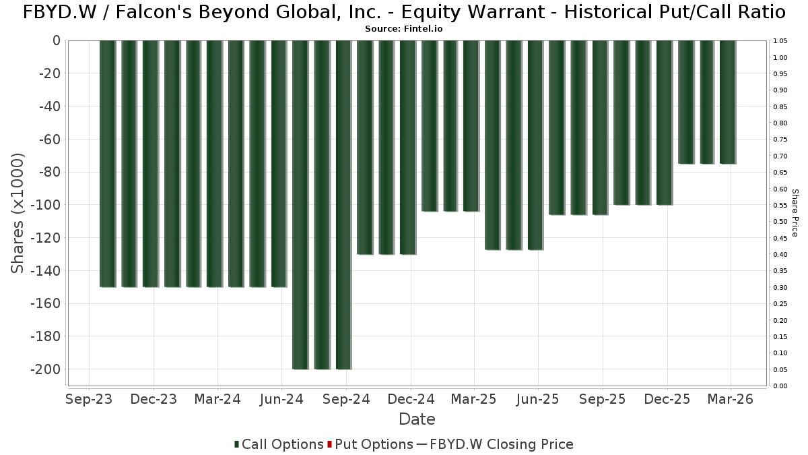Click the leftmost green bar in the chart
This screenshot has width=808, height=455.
click(108, 164)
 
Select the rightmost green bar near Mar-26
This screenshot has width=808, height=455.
click(728, 102)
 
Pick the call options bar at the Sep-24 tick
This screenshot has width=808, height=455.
click(343, 205)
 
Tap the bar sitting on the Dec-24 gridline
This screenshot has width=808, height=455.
click(407, 148)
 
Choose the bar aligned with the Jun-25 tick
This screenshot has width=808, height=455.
click(535, 145)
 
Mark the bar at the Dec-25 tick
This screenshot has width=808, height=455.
click(665, 123)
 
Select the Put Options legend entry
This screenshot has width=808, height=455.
click(370, 444)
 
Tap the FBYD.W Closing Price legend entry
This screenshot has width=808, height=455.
click(495, 444)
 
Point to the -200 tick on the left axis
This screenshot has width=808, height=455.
click(46, 369)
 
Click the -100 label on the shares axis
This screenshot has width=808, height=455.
click(46, 205)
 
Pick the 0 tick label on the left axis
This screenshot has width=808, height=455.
click(57, 41)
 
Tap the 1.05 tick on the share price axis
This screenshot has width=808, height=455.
click(780, 41)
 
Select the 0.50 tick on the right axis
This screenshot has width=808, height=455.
click(780, 221)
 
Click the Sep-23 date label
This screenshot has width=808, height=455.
click(89, 399)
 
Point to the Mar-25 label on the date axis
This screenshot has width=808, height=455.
click(473, 399)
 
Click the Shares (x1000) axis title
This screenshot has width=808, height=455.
click(17, 213)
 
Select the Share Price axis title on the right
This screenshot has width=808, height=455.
click(795, 213)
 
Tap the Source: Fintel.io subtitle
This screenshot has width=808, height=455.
click(403, 29)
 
